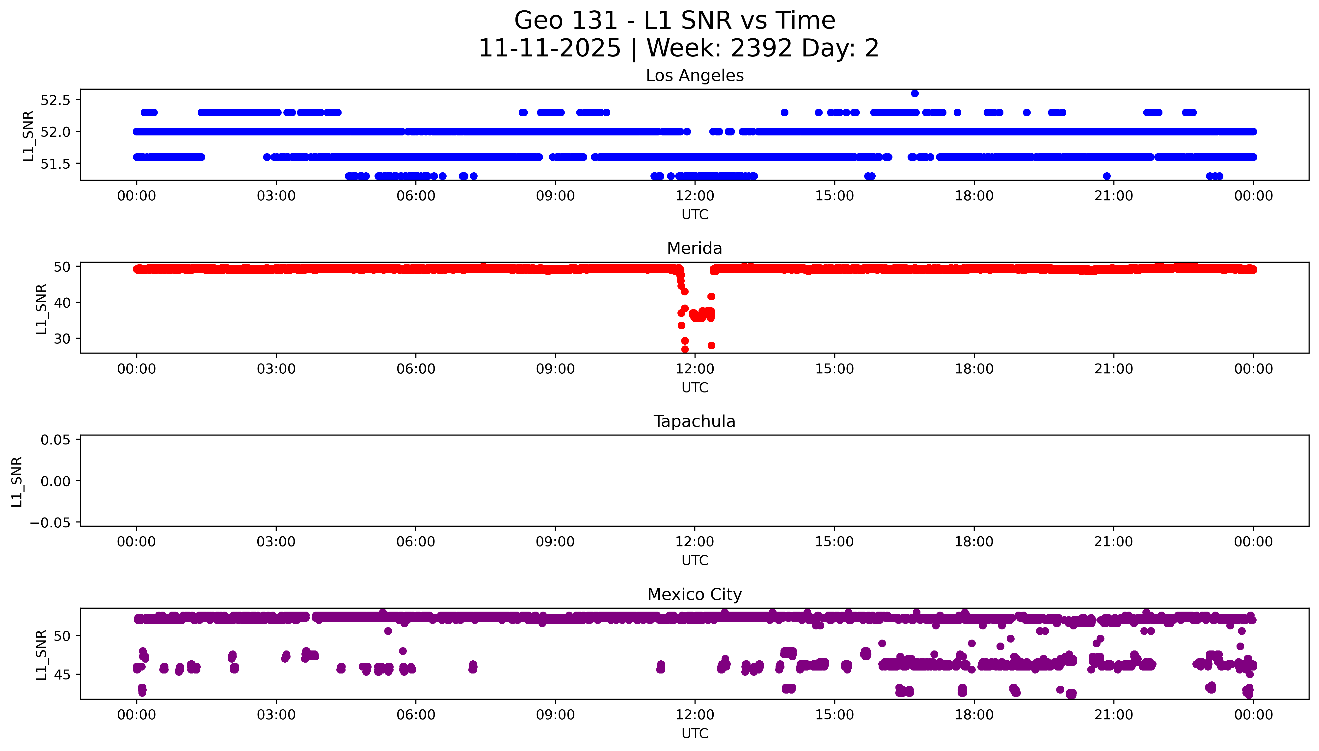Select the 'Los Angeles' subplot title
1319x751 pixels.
coord(694,76)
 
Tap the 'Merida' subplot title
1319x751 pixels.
coord(694,249)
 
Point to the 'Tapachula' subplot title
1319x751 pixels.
coord(694,421)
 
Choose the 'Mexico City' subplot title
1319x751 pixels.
coord(694,595)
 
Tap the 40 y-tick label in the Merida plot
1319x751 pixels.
coord(62,303)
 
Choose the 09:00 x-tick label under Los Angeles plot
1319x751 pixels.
coord(555,196)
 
